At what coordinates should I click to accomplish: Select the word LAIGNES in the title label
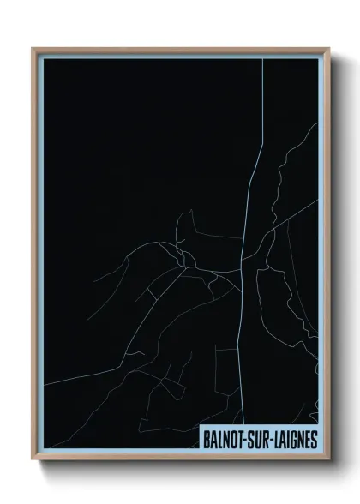(x=293, y=438)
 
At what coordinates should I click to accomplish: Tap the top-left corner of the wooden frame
(x=33, y=49)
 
